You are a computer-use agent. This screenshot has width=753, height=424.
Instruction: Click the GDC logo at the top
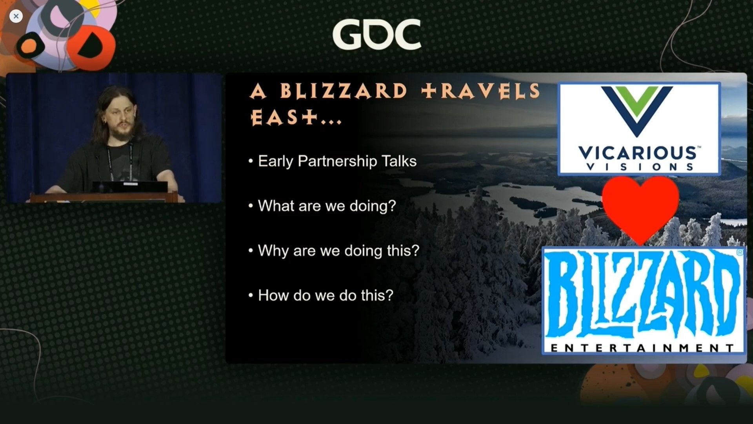click(377, 35)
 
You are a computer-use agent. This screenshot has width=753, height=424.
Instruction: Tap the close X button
click(16, 16)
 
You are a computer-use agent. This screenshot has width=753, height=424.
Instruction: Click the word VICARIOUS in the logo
click(638, 152)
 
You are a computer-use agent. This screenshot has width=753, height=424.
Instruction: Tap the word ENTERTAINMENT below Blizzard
click(642, 348)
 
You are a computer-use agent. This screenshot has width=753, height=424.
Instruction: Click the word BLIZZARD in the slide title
click(344, 91)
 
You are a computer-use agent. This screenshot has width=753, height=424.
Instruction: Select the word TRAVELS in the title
click(481, 91)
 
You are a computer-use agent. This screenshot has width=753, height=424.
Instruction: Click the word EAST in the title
click(284, 117)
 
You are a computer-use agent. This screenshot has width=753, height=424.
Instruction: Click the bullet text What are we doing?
click(327, 206)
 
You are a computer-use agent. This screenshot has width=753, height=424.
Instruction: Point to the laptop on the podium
click(130, 187)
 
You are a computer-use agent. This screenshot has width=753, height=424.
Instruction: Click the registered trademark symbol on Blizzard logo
click(740, 252)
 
